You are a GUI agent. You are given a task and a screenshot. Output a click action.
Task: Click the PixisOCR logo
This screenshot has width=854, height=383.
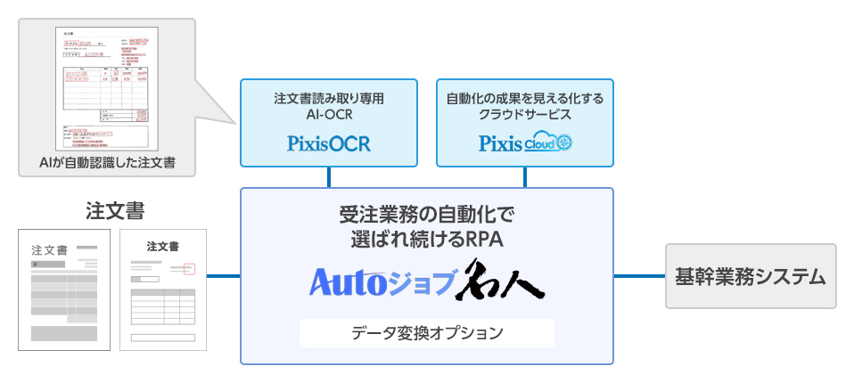tap(329, 143)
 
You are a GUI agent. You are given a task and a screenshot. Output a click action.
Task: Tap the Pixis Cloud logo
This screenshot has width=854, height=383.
tap(524, 143)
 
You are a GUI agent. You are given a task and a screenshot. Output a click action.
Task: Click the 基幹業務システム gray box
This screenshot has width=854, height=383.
tap(751, 276)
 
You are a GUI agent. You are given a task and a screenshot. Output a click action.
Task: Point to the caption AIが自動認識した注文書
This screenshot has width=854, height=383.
tap(106, 163)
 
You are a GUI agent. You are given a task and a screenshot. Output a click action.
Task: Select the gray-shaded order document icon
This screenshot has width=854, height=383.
tap(64, 289)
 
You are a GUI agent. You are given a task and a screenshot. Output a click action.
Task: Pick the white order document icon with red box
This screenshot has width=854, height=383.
tap(163, 289)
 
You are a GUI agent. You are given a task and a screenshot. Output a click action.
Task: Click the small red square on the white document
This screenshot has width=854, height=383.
tap(188, 267)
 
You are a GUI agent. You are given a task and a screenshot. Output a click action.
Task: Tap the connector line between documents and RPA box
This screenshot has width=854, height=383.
tap(224, 276)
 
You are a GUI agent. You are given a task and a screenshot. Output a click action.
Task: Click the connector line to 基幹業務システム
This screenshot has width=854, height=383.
tap(639, 276)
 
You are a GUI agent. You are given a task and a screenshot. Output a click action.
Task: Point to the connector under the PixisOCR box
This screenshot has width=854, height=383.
tap(329, 176)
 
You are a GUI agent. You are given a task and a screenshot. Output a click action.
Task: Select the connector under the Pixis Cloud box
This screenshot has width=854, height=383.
tap(524, 176)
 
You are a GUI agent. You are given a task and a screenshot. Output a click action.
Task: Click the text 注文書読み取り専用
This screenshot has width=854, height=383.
tap(329, 99)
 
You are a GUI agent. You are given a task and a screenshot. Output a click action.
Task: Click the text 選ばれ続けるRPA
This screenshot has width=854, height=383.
tap(427, 240)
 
